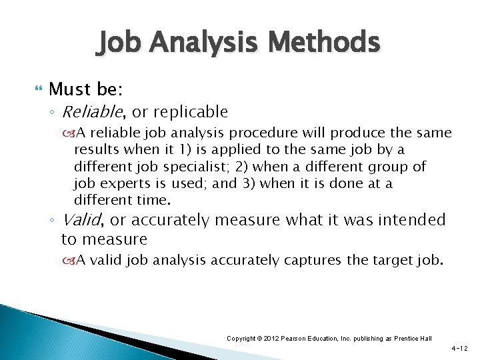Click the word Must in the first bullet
(x=67, y=89)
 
